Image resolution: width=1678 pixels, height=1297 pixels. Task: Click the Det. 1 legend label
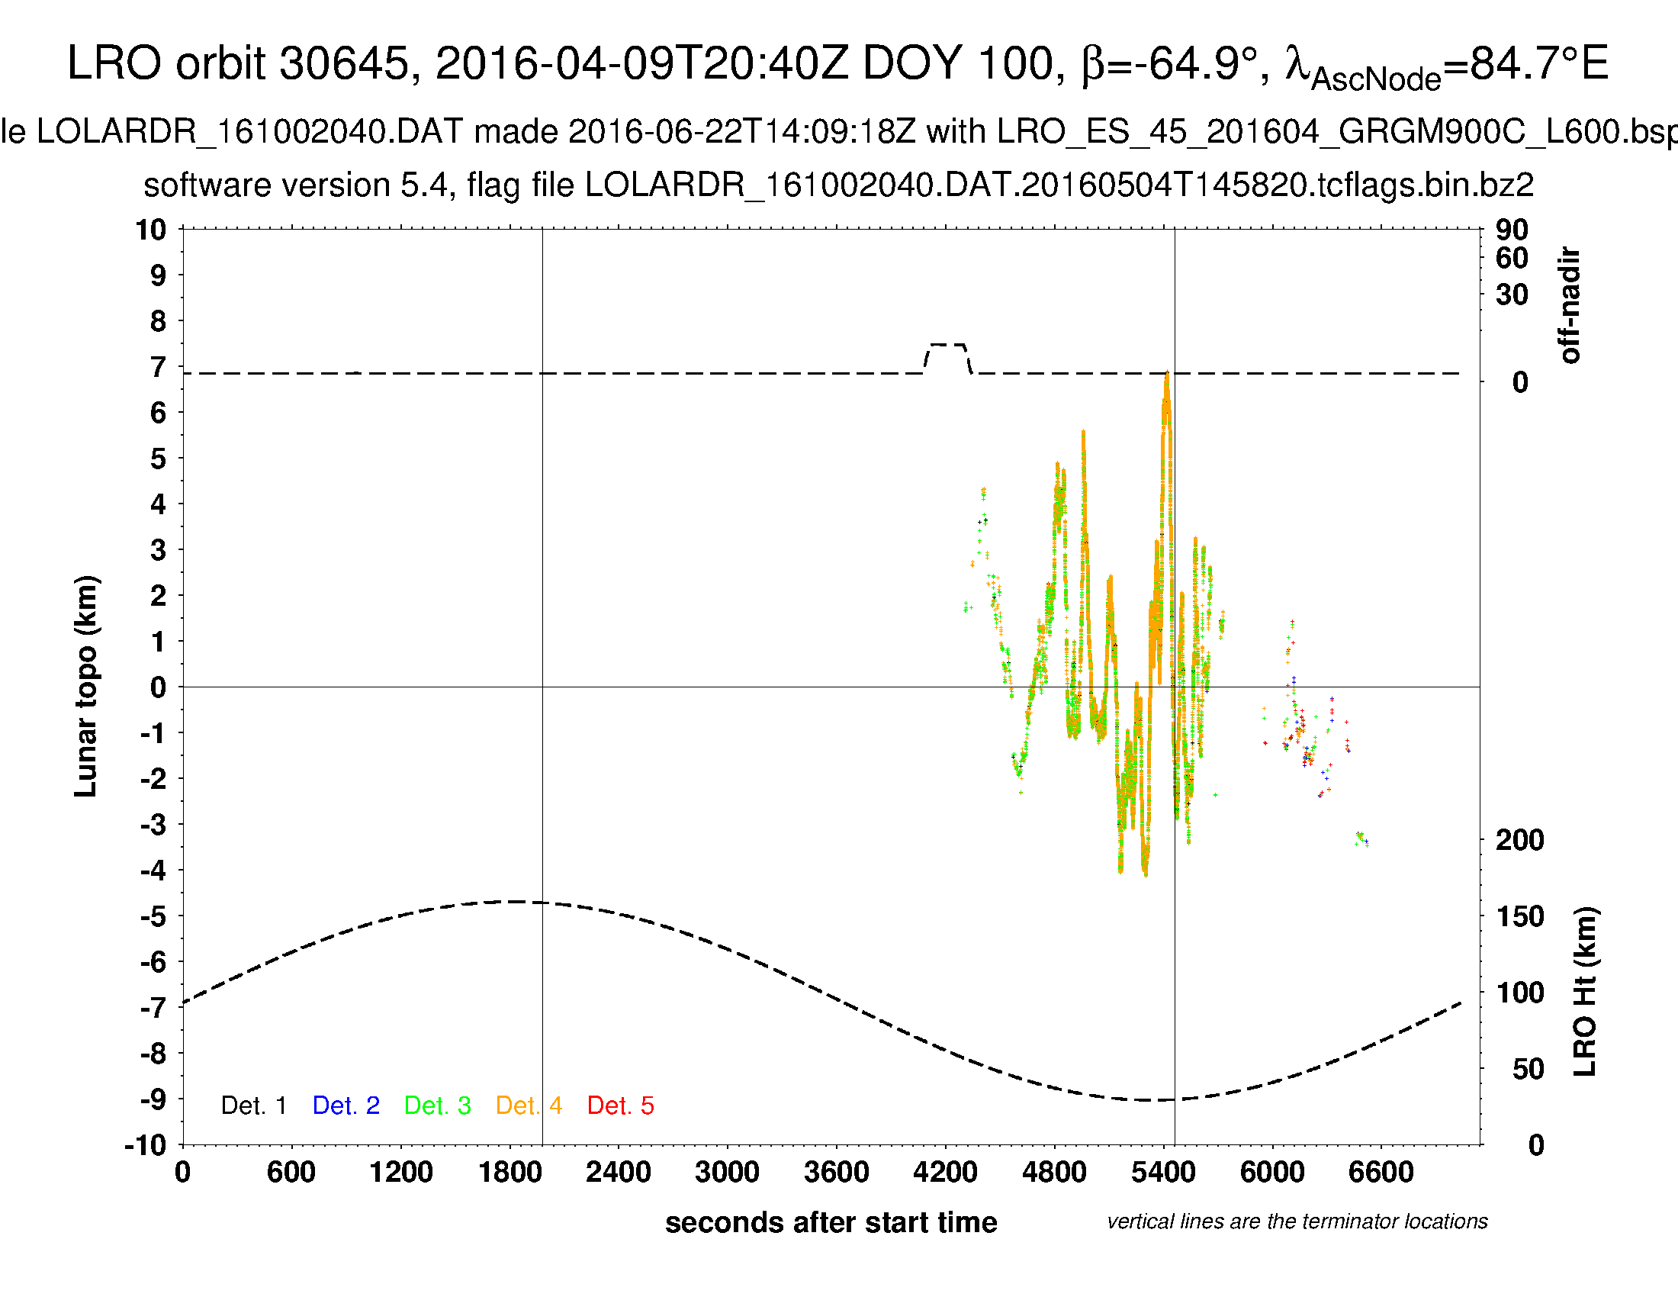tap(253, 1106)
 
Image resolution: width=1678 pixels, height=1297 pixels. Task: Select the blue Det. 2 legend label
tap(346, 1106)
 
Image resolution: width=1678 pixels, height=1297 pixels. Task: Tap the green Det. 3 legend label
tap(437, 1106)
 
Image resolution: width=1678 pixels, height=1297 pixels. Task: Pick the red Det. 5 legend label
tap(620, 1106)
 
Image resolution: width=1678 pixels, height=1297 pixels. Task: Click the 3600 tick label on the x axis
tap(836, 1173)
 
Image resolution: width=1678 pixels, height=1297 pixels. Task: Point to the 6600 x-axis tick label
tap(1381, 1173)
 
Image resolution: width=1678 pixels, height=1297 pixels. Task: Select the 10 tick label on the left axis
tap(150, 230)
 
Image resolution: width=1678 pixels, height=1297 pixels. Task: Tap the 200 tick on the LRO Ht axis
tap(1519, 840)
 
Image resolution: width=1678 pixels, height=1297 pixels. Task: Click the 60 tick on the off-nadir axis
tap(1511, 258)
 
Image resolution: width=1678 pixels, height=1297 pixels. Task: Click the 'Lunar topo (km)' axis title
tap(86, 686)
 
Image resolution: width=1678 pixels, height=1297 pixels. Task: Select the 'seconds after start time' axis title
tap(831, 1222)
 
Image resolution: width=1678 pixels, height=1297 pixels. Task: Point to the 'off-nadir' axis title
tap(1570, 305)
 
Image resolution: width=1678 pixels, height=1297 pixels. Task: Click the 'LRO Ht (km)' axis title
tap(1585, 992)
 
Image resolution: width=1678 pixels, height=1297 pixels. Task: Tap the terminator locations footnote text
tap(1297, 1221)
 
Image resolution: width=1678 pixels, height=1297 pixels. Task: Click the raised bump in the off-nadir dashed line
tap(947, 346)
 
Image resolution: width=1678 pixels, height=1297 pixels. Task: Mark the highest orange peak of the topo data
tap(1166, 375)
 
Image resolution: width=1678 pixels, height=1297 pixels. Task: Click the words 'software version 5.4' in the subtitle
tap(296, 185)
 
